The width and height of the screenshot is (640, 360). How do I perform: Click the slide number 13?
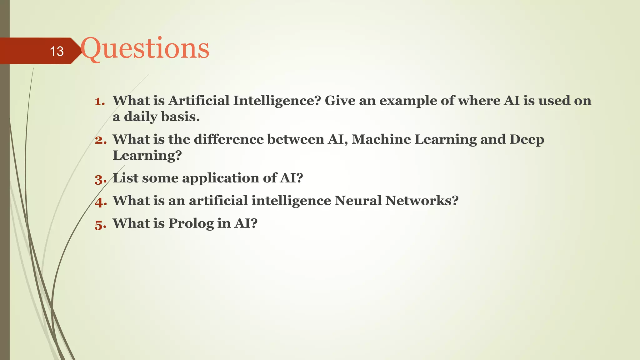57,51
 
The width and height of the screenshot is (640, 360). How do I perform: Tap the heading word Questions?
145,49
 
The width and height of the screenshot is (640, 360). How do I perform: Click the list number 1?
100,101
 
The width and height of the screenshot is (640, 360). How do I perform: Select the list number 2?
101,140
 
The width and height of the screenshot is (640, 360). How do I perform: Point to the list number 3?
100,179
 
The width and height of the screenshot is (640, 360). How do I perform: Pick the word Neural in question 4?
358,201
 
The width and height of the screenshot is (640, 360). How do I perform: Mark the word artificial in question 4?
218,201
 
